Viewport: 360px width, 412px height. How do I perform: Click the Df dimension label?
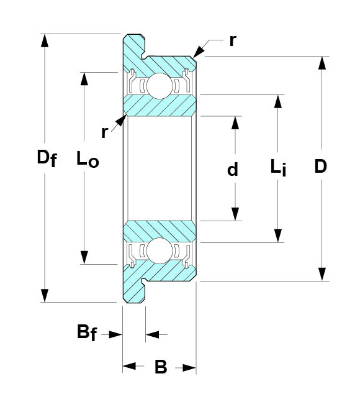click(x=47, y=158)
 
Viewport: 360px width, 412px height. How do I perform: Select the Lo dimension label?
click(x=88, y=158)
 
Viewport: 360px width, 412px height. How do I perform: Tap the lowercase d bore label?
click(x=233, y=170)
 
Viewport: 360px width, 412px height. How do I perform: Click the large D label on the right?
click(x=321, y=166)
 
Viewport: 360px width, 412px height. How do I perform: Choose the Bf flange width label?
click(x=87, y=332)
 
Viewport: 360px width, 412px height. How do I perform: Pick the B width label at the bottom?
click(x=161, y=367)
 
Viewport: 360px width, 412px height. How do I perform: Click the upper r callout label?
click(x=233, y=41)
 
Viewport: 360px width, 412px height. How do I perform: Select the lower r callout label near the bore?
click(x=104, y=132)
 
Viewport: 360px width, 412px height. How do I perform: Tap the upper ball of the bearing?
click(x=160, y=86)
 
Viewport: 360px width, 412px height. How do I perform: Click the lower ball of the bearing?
click(x=160, y=250)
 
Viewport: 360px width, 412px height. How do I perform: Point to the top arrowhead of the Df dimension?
click(x=45, y=41)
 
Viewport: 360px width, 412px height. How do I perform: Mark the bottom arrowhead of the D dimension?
click(x=322, y=274)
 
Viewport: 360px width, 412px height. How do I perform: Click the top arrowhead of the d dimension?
click(x=235, y=122)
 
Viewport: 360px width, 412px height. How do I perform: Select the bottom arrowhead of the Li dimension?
click(x=278, y=236)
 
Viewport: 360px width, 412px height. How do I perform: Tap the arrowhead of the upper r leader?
click(x=199, y=52)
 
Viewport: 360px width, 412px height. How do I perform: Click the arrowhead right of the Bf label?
click(x=115, y=334)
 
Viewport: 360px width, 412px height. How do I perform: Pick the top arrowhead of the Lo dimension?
click(x=84, y=79)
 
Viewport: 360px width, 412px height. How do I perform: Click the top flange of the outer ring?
click(x=134, y=47)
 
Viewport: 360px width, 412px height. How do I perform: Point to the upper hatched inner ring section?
click(x=160, y=106)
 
